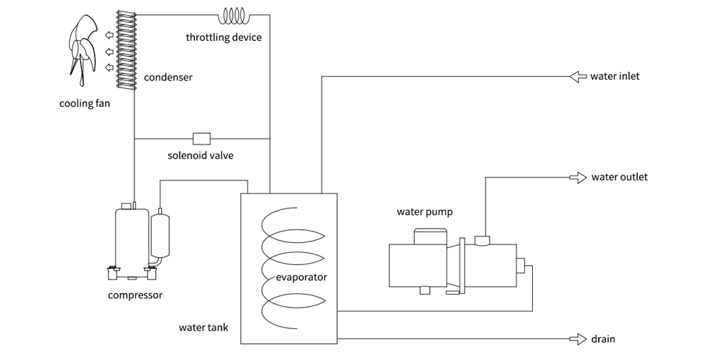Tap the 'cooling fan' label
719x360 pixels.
pyautogui.click(x=85, y=103)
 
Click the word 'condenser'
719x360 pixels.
pyautogui.click(x=168, y=77)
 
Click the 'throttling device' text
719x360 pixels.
pyautogui.click(x=224, y=37)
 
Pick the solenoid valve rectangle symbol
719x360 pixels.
pyautogui.click(x=201, y=138)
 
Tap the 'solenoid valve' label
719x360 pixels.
pyautogui.click(x=201, y=155)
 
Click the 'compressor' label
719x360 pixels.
pyautogui.click(x=134, y=295)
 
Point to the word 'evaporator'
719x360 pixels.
pyautogui.click(x=301, y=277)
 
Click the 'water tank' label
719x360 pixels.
pyautogui.click(x=203, y=328)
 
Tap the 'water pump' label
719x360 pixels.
pyautogui.click(x=425, y=212)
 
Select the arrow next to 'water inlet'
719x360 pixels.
pyautogui.click(x=577, y=76)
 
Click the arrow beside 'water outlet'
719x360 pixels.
pyautogui.click(x=577, y=177)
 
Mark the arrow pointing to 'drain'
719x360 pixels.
pyautogui.click(x=577, y=338)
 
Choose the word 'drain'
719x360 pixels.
pyautogui.click(x=603, y=338)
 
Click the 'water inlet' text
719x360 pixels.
pyautogui.click(x=615, y=76)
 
